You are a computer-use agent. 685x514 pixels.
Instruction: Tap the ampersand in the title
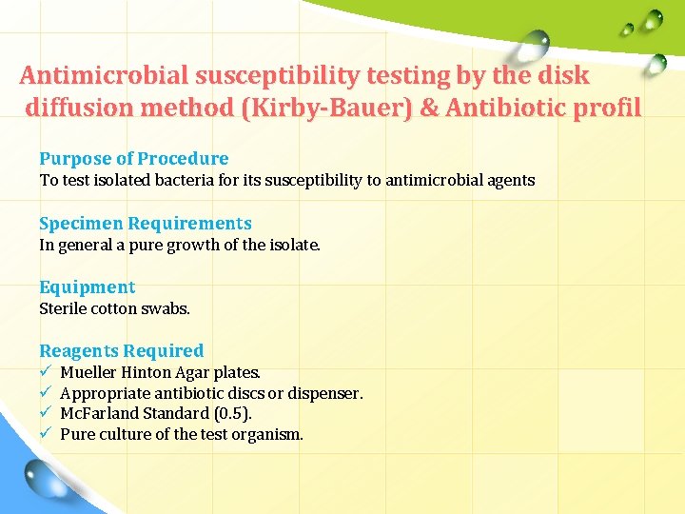click(x=429, y=108)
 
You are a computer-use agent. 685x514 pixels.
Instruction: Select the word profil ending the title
click(x=607, y=108)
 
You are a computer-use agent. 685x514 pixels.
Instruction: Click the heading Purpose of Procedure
click(x=133, y=158)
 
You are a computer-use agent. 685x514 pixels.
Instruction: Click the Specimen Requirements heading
click(x=146, y=223)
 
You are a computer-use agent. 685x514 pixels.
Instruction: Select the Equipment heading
click(x=88, y=287)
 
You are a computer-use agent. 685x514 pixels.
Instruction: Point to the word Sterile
click(x=63, y=308)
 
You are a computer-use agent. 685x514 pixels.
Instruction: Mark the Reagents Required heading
click(x=122, y=350)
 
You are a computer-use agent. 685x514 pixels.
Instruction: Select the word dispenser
click(x=324, y=393)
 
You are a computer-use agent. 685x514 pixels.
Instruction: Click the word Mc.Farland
click(x=99, y=413)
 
